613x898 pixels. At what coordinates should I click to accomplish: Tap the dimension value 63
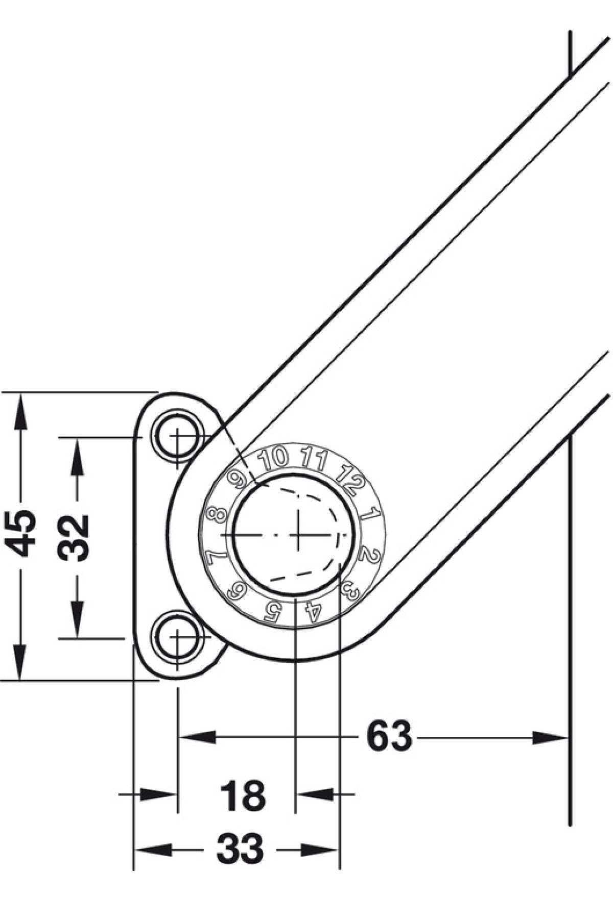coord(389,736)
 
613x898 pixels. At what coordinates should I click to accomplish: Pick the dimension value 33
coord(240,849)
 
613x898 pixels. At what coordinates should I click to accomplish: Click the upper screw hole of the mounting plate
coord(177,437)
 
